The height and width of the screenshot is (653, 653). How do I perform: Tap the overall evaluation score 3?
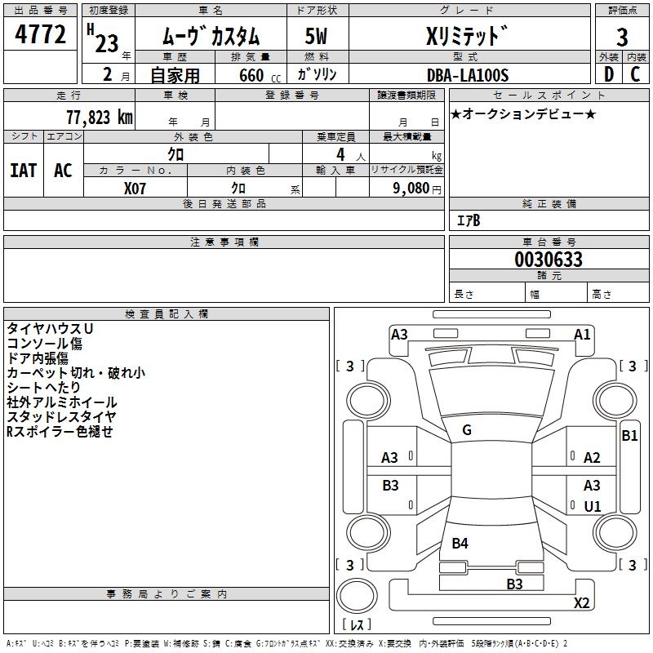click(x=622, y=37)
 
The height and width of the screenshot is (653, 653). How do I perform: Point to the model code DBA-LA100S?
click(x=468, y=75)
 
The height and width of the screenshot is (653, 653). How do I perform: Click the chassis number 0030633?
click(x=549, y=260)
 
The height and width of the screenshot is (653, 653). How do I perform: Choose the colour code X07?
click(x=135, y=188)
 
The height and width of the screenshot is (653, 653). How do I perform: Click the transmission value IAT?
click(x=23, y=171)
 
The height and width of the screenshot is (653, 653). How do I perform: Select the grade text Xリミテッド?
click(x=467, y=36)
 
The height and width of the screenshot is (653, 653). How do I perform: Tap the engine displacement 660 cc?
click(x=250, y=76)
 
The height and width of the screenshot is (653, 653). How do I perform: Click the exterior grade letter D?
click(x=608, y=75)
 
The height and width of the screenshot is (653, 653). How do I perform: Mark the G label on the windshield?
click(x=466, y=430)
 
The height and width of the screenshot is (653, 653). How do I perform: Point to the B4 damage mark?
click(x=460, y=543)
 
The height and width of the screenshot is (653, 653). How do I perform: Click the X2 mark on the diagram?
click(x=581, y=603)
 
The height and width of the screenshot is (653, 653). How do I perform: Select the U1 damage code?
click(x=592, y=507)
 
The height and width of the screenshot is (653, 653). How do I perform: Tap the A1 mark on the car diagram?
click(x=582, y=335)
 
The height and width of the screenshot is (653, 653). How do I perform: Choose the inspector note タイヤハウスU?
click(x=51, y=328)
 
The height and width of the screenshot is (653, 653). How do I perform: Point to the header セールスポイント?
click(x=549, y=95)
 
